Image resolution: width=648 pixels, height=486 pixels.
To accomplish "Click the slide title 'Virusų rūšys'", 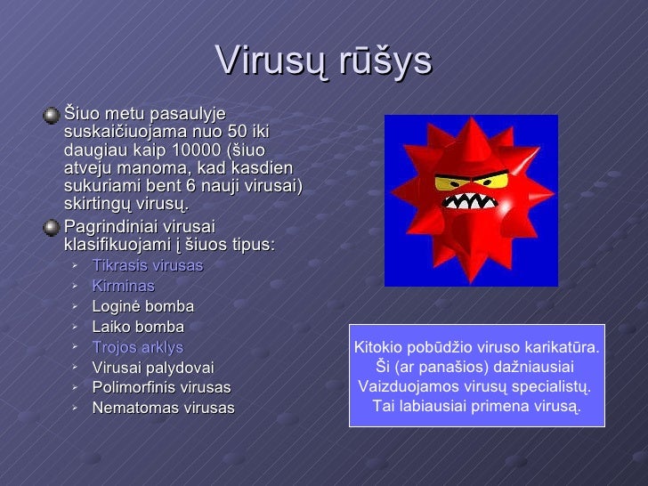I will (323, 61).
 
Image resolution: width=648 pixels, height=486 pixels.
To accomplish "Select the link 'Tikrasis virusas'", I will (148, 266).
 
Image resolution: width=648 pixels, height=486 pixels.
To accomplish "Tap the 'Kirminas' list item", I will (123, 287).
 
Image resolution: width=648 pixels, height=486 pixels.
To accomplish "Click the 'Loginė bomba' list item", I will (142, 307).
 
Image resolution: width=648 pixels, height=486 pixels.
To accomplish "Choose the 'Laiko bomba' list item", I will (138, 327).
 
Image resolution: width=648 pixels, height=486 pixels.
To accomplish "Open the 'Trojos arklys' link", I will (137, 347).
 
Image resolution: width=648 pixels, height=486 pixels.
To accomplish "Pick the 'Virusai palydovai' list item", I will (152, 368).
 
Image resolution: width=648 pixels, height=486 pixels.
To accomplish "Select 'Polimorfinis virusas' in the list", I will (161, 388).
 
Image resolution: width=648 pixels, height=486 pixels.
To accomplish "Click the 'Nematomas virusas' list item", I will (163, 409).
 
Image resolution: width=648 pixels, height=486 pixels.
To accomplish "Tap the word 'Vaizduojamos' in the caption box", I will (399, 387).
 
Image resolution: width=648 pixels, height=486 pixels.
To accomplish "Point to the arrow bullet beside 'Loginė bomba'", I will (77, 306).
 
